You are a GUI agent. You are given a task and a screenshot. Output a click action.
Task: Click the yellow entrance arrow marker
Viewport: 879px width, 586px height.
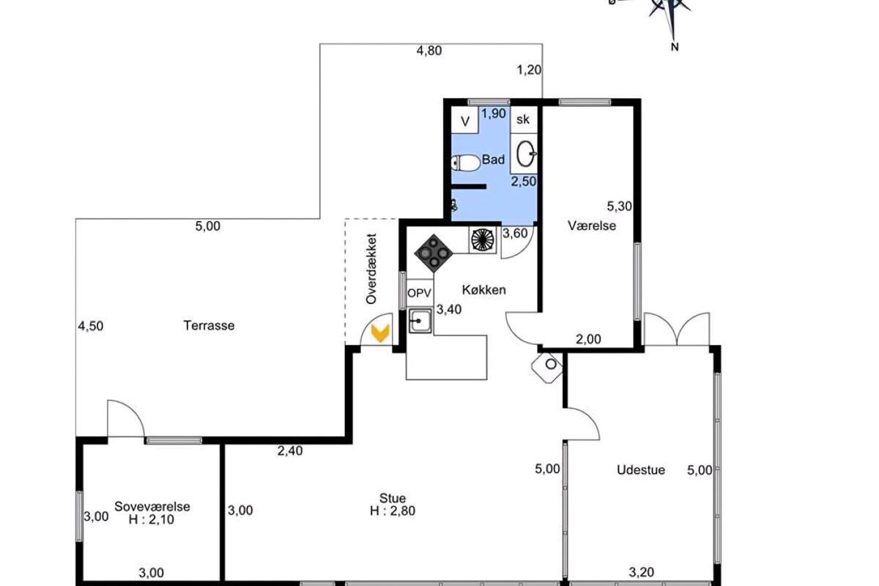click(380, 333)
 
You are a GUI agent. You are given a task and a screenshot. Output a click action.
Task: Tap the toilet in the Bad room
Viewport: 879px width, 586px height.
click(465, 163)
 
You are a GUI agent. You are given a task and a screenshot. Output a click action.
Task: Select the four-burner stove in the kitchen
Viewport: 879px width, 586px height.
click(434, 253)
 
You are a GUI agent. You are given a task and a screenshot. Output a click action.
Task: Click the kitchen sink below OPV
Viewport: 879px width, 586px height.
click(420, 321)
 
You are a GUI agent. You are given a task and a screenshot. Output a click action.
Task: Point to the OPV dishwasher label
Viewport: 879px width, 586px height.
click(420, 293)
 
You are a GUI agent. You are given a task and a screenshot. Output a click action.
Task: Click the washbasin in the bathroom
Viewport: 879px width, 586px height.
click(524, 154)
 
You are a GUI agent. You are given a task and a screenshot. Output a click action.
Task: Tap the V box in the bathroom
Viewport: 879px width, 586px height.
click(465, 122)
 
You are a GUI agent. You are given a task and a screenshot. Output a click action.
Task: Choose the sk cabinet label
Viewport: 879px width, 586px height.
click(523, 119)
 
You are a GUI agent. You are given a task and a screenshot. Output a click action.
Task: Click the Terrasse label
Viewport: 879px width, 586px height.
click(209, 325)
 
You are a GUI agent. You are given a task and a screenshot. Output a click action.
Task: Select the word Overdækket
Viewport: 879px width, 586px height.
click(371, 269)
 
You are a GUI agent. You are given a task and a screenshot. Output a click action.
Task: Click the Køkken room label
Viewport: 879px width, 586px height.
click(484, 290)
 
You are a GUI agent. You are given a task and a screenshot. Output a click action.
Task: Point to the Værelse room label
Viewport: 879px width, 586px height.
click(592, 226)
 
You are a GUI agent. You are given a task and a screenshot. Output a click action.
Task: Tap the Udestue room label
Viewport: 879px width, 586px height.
click(641, 470)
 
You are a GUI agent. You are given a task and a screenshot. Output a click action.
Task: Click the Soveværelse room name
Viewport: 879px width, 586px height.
click(152, 506)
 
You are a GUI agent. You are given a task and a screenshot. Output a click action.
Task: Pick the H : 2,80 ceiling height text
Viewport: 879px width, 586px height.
click(393, 511)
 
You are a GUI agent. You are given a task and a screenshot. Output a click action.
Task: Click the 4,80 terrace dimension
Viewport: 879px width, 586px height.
click(429, 51)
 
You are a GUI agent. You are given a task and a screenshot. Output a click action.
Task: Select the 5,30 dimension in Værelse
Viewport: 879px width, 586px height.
click(619, 206)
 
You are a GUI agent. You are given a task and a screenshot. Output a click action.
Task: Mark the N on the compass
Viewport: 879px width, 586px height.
click(675, 47)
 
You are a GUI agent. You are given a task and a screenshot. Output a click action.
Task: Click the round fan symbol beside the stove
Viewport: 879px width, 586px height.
click(483, 240)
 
